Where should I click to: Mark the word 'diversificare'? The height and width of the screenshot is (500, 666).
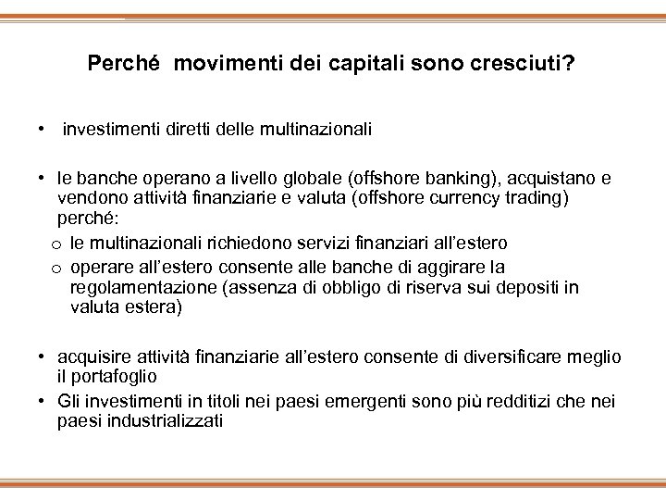tap(516, 356)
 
